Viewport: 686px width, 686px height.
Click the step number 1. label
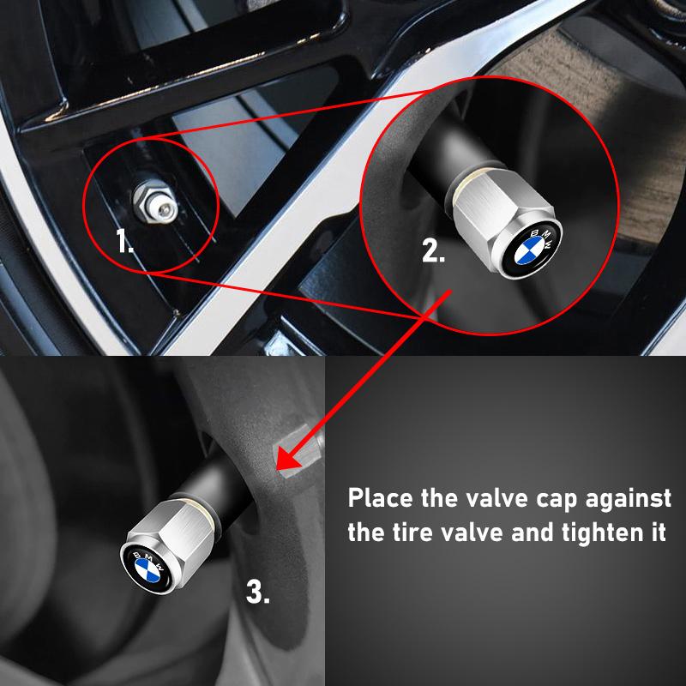125,242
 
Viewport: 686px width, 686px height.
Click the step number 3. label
258,591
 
